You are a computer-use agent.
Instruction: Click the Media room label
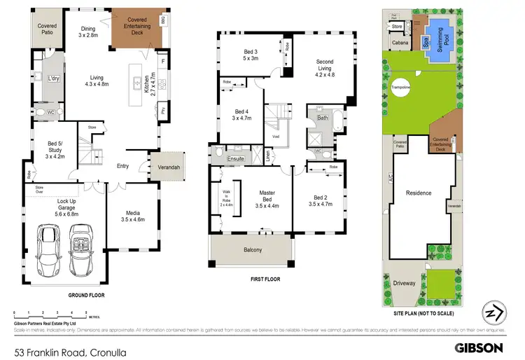coord(132,217)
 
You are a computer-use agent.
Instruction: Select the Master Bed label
coord(267,198)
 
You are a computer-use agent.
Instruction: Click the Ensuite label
coord(235,160)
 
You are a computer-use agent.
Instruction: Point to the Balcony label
coord(253,250)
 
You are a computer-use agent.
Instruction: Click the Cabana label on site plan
coord(400,42)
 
